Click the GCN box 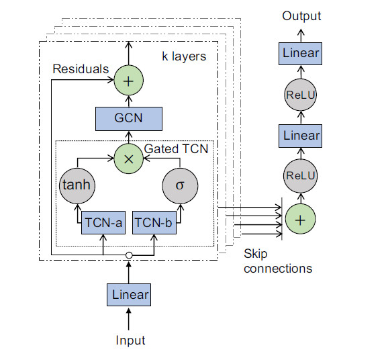[x=128, y=118]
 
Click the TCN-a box [x=102, y=222]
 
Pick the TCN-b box [x=154, y=222]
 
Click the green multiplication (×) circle [x=128, y=160]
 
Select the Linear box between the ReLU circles [x=301, y=136]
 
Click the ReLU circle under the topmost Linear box [x=301, y=94]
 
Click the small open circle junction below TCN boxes [x=128, y=255]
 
